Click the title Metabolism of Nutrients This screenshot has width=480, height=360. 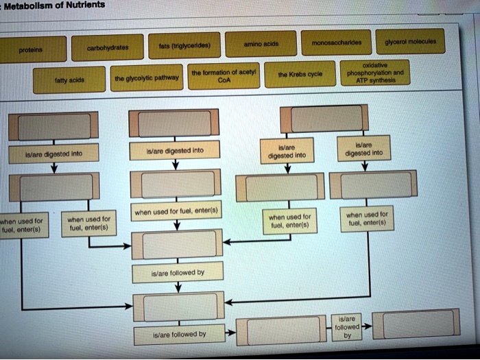[54, 5]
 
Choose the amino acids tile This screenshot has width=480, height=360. [261, 44]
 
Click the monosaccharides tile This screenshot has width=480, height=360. [337, 43]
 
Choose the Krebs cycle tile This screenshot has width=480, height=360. [297, 73]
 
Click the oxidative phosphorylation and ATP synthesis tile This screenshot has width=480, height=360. [376, 71]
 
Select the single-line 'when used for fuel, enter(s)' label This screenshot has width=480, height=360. [177, 213]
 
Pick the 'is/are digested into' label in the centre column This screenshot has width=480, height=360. [176, 149]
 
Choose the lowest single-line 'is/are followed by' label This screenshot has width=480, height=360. [178, 335]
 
